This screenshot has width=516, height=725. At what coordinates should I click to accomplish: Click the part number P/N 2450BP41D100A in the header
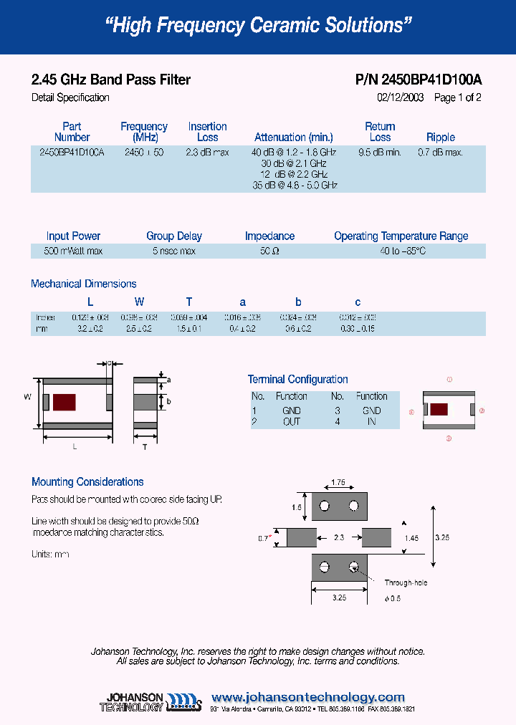419,80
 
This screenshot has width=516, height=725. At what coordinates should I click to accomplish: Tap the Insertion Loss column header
207,132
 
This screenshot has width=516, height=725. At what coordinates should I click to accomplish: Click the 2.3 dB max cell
207,153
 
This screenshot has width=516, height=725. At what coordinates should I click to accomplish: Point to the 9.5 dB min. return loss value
380,153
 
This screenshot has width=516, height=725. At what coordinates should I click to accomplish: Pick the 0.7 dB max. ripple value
440,153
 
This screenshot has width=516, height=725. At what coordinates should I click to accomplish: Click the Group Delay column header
174,236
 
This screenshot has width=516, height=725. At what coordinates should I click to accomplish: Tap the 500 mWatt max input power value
73,251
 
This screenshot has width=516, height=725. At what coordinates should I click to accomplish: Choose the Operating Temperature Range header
401,236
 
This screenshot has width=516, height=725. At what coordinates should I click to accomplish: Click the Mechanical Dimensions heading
83,284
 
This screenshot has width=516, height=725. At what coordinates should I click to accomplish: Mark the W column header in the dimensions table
139,302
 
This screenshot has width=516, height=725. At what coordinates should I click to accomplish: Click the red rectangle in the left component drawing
64,402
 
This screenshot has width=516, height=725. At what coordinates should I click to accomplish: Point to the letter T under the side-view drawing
144,447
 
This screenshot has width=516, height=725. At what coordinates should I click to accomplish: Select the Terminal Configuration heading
297,379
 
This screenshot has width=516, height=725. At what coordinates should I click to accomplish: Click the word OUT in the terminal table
292,421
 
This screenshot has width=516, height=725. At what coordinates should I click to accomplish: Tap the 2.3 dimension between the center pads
338,537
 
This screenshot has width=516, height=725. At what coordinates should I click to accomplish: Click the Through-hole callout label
406,582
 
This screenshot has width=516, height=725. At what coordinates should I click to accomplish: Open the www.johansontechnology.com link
308,697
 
